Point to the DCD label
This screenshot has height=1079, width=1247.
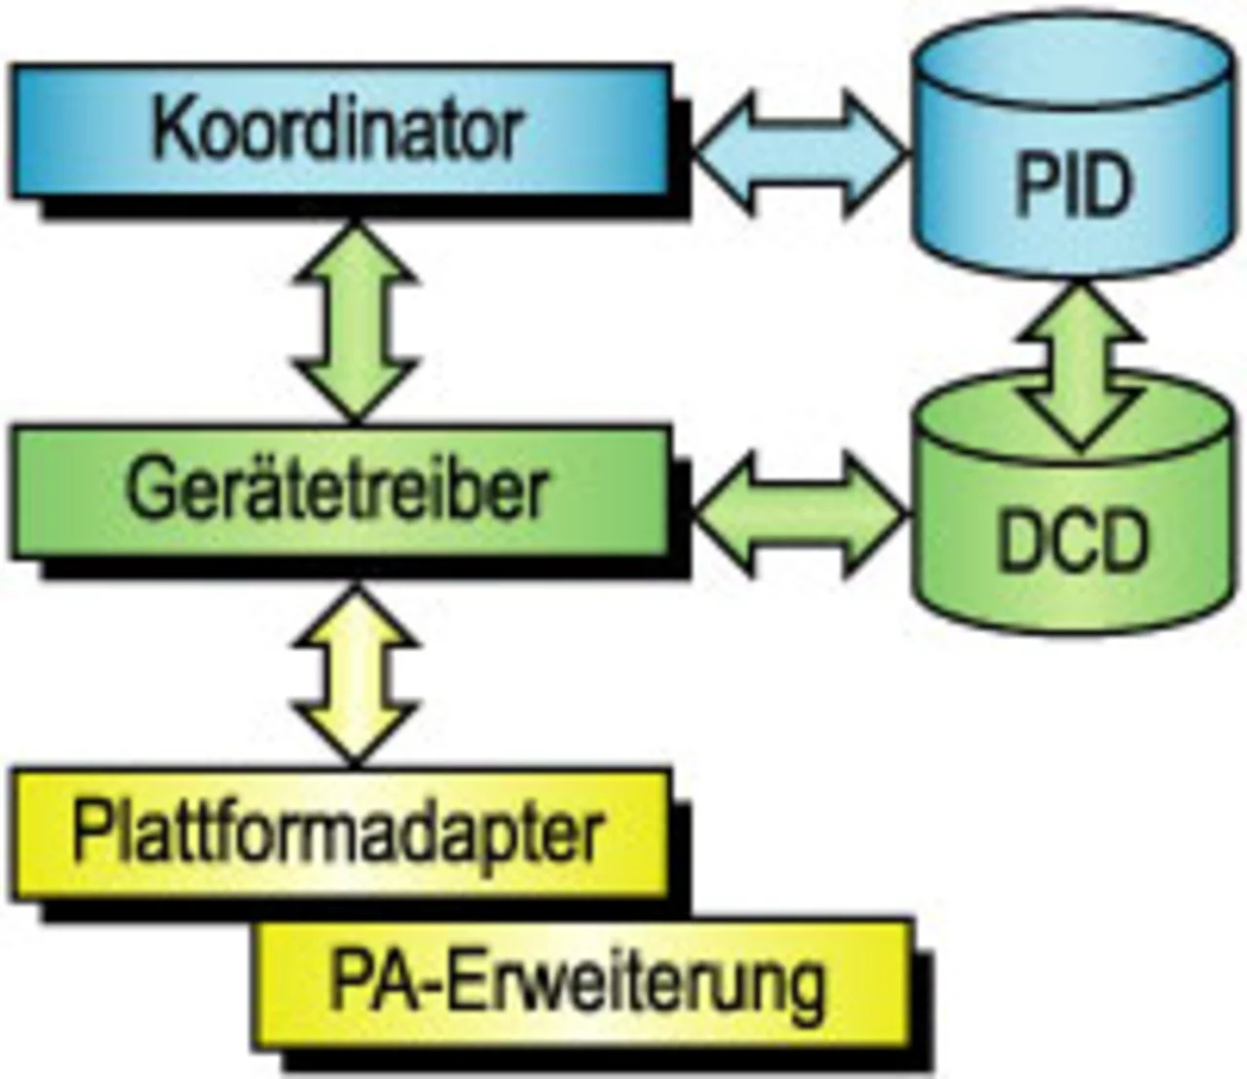(1072, 542)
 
